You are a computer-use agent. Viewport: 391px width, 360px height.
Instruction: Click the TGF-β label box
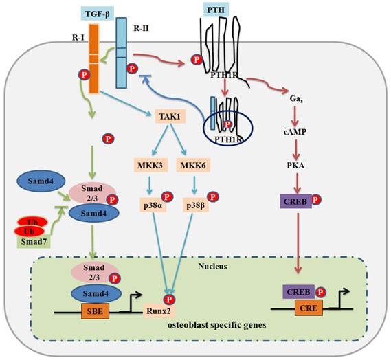(x=96, y=13)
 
